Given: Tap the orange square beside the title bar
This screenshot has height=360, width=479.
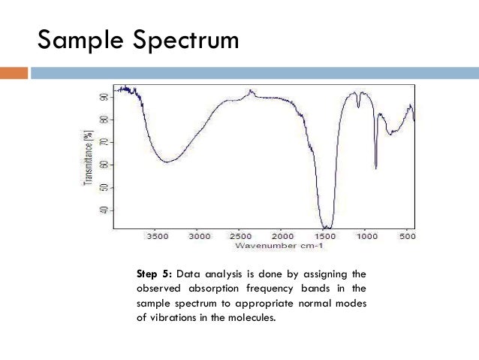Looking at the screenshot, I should click(x=14, y=73).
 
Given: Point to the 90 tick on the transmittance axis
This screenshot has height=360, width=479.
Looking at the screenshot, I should click(x=103, y=97).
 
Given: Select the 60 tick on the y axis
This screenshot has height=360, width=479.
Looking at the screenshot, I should click(x=103, y=165).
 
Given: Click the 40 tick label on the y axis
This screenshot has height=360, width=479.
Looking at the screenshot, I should click(x=103, y=210).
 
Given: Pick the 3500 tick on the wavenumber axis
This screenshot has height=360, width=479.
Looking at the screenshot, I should click(x=158, y=236).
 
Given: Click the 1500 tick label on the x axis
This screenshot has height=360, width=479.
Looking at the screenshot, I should click(x=325, y=236).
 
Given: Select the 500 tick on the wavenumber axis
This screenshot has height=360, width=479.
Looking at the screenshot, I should click(x=406, y=236).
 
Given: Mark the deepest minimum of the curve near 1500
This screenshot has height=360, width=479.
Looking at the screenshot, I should click(x=326, y=227).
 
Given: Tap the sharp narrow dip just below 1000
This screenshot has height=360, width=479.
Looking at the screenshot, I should click(x=375, y=168).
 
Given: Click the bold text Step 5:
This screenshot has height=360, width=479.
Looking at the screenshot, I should click(x=154, y=274).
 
